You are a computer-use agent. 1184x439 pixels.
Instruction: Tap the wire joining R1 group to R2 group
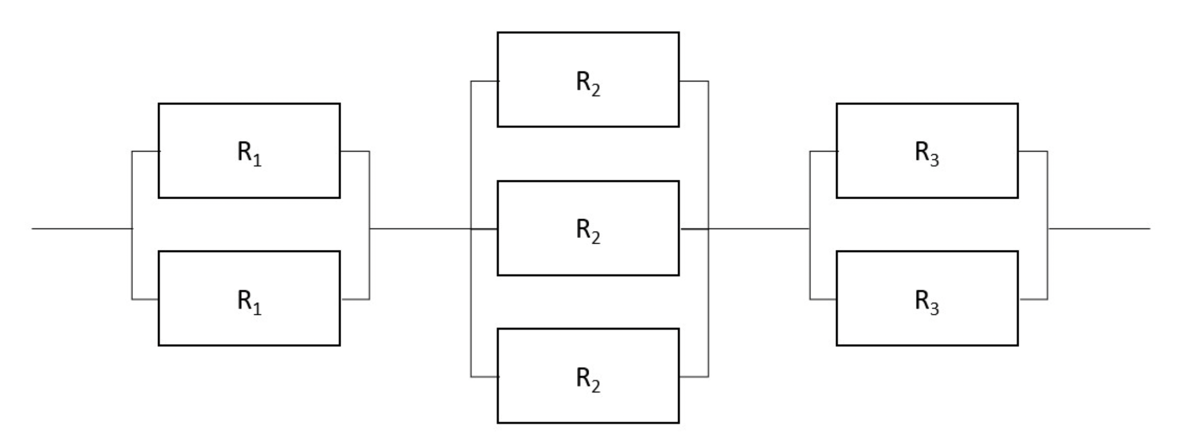pos(419,228)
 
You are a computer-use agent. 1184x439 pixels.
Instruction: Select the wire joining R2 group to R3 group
pos(759,228)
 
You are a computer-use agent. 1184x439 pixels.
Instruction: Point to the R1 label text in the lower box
pos(249,302)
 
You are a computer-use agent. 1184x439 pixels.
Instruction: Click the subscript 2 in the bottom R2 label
pos(595,386)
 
